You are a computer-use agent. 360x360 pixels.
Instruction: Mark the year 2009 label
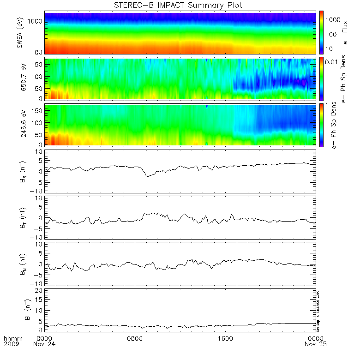12,344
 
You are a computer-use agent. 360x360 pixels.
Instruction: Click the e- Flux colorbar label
344,33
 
